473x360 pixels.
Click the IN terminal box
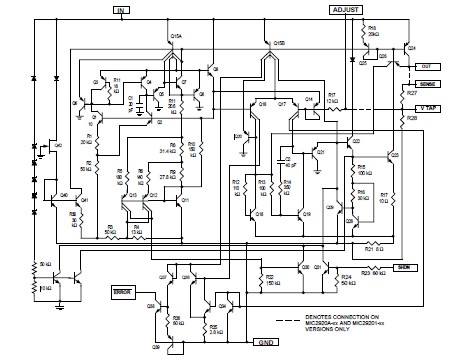(122, 11)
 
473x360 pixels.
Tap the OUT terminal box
(429, 65)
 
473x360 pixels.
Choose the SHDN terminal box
(404, 268)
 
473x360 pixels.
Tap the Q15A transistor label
(177, 36)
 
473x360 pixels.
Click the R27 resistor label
(411, 93)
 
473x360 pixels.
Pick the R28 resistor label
(411, 117)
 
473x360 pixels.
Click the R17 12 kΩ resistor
(331, 99)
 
